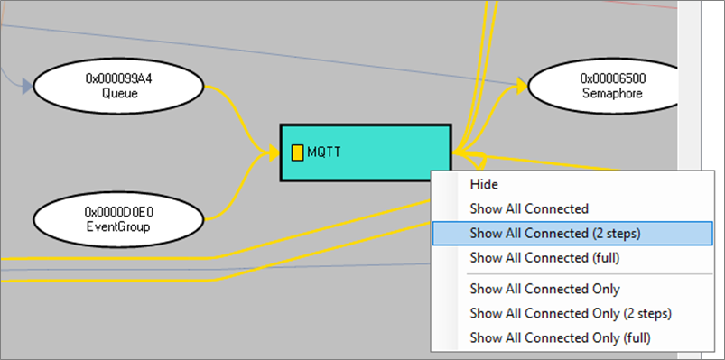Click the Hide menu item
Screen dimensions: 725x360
483,184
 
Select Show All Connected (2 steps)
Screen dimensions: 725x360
554,233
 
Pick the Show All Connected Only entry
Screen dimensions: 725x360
544,289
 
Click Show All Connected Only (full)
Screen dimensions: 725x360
560,337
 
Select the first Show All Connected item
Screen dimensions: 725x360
528,208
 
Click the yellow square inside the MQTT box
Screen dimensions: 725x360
297,152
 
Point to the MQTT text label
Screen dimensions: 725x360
324,152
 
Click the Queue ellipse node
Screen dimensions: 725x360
118,86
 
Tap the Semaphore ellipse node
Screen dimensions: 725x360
612,86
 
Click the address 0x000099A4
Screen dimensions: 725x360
118,78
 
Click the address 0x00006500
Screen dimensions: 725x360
612,78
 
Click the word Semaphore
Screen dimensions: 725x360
612,93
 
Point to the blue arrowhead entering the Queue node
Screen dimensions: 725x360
27,87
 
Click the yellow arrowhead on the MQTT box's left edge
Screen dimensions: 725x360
273,152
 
